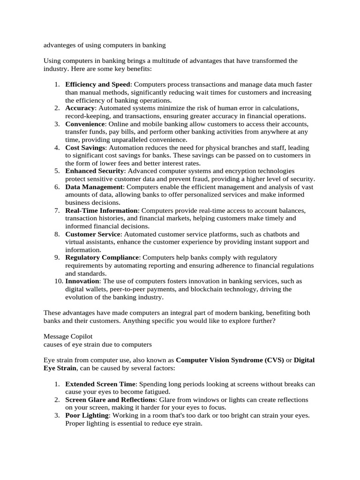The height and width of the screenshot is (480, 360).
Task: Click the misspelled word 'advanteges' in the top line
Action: coord(60,45)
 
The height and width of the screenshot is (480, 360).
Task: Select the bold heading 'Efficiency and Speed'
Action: coord(97,84)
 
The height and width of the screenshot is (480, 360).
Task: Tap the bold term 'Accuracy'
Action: coord(80,108)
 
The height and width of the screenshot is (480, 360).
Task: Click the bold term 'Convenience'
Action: coord(85,124)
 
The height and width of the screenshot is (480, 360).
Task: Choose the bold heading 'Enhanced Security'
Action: coord(95,171)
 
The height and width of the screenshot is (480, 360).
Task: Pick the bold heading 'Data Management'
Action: coord(94,187)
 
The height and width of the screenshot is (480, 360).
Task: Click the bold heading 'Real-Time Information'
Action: coord(102,210)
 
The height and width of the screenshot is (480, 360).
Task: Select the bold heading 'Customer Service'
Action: coord(93,234)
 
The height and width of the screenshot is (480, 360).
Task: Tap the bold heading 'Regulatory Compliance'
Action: coord(102,257)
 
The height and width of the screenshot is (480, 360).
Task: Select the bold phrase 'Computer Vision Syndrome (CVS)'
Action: coord(230,360)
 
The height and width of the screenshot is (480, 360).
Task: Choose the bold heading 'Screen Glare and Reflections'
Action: coord(111,400)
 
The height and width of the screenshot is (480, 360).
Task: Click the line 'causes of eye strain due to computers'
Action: coord(97,345)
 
